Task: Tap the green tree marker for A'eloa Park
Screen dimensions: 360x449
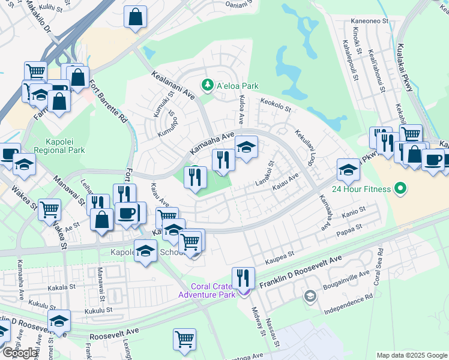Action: pyautogui.click(x=208, y=85)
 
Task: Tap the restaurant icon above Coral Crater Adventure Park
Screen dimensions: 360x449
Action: pyautogui.click(x=243, y=278)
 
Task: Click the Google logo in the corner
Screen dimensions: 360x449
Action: pyautogui.click(x=20, y=352)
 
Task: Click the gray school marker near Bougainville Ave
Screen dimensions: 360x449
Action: pyautogui.click(x=309, y=296)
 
